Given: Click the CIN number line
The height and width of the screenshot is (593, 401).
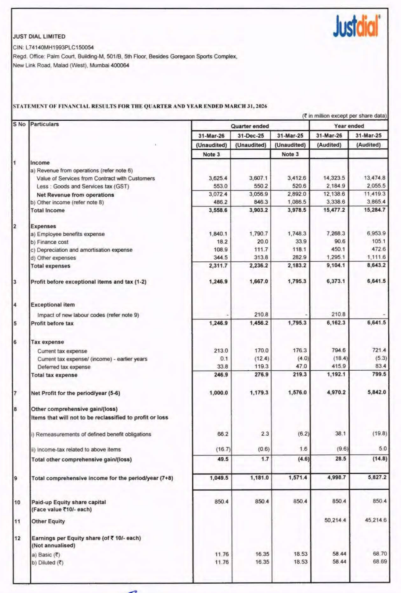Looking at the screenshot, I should coord(54,47).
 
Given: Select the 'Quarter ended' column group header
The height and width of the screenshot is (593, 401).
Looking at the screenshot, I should coord(250,126).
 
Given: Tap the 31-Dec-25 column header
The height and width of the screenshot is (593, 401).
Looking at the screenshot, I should coord(251,136).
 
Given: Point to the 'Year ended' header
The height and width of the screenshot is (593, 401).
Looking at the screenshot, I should coord(349,126).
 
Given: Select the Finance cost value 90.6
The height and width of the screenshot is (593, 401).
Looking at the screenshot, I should coord(339,242).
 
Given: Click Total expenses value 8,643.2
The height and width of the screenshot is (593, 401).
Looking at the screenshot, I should coord(376,265).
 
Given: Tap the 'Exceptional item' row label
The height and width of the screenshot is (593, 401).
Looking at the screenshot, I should coord(53,305).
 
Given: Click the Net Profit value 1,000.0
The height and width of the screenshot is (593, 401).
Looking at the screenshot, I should coord(218,393).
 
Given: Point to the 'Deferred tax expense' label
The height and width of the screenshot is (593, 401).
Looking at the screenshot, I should coord(64,367).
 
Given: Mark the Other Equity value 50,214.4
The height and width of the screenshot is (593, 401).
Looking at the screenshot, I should coord(335,521).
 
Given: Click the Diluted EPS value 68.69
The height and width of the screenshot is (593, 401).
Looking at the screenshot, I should coord(380,562).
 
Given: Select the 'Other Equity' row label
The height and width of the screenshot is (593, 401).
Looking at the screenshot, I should coord(48,521).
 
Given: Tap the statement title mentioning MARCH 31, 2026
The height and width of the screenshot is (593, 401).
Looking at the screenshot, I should coord(140,106).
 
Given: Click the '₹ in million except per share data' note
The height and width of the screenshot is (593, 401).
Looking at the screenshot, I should coord(344,116).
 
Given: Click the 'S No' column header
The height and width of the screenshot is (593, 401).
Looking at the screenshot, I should coord(20,124).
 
